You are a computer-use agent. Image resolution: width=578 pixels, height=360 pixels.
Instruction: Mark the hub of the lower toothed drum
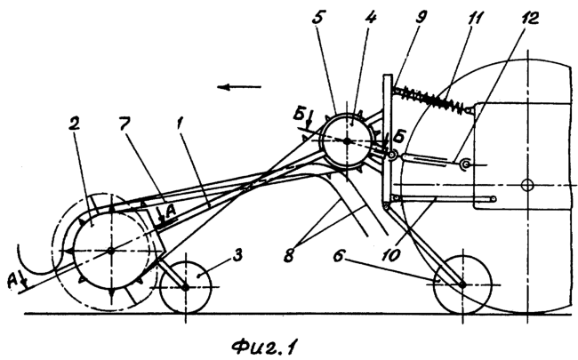point(109,252)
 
